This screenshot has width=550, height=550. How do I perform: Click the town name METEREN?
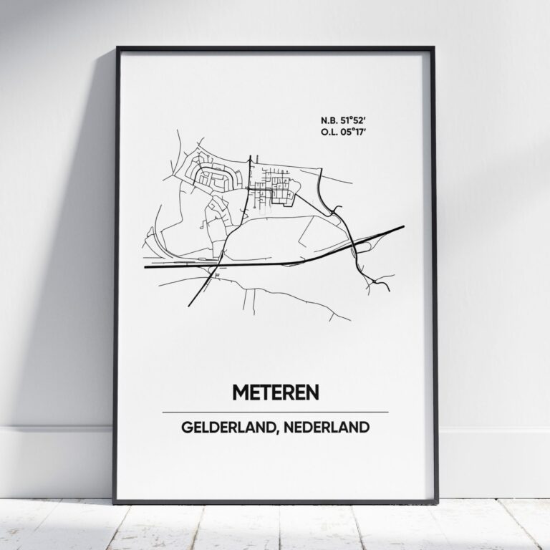pyautogui.click(x=275, y=392)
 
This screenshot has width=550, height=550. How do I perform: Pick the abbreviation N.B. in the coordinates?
pyautogui.click(x=330, y=120)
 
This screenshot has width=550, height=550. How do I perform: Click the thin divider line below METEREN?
pyautogui.click(x=275, y=412)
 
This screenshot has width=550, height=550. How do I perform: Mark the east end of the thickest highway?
pyautogui.click(x=403, y=227)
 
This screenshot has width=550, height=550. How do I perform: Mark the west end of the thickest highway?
pyautogui.click(x=145, y=267)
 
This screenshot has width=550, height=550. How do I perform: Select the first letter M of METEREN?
pyautogui.click(x=240, y=392)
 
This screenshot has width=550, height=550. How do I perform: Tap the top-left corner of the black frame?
pyautogui.click(x=117, y=48)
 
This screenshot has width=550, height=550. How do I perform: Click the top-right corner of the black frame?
pyautogui.click(x=434, y=48)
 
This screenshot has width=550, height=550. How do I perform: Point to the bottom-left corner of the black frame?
pyautogui.click(x=117, y=503)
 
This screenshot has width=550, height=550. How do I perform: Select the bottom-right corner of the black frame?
pyautogui.click(x=434, y=503)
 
